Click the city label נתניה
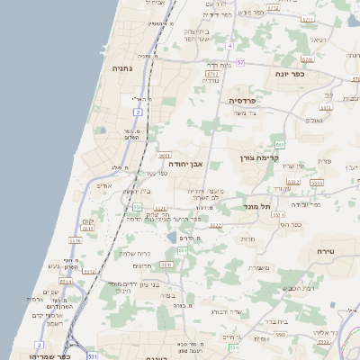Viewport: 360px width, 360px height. click(x=122, y=68)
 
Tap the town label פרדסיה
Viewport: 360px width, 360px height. click(x=243, y=101)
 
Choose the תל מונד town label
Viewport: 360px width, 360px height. click(x=257, y=206)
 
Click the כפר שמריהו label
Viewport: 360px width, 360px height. click(x=41, y=346)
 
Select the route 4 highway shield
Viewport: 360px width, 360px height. click(x=229, y=45)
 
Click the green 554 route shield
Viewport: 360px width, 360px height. click(x=232, y=346)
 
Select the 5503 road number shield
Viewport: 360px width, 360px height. click(x=280, y=333)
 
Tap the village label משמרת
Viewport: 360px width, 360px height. click(x=257, y=267)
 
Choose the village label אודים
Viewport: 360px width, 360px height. click(x=104, y=185)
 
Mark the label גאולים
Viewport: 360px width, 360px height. click(x=314, y=120)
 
